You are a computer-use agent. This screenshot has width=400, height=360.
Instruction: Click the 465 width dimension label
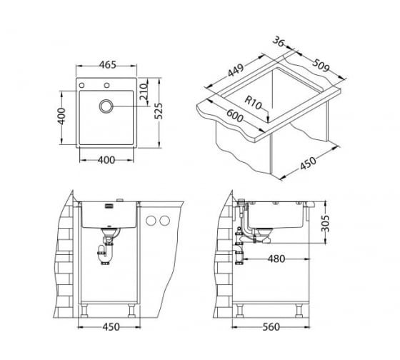pyautogui.click(x=107, y=65)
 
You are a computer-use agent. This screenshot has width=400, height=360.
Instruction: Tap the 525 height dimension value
pyautogui.click(x=159, y=111)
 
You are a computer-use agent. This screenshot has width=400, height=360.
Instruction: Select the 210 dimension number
pyautogui.click(x=144, y=92)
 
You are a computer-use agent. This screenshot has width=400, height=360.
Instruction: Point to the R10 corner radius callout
pyautogui.click(x=254, y=103)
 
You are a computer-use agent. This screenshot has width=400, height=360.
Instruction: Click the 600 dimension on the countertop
pyautogui.click(x=235, y=116)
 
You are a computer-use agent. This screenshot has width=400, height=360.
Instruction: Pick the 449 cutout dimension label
pyautogui.click(x=236, y=70)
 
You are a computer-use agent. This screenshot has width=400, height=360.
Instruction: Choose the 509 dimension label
pyautogui.click(x=321, y=65)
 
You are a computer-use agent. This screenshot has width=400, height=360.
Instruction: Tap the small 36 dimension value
pyautogui.click(x=278, y=41)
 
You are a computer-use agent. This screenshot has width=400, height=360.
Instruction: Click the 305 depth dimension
pyautogui.click(x=325, y=224)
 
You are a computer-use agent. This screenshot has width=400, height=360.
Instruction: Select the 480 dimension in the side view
pyautogui.click(x=276, y=259)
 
